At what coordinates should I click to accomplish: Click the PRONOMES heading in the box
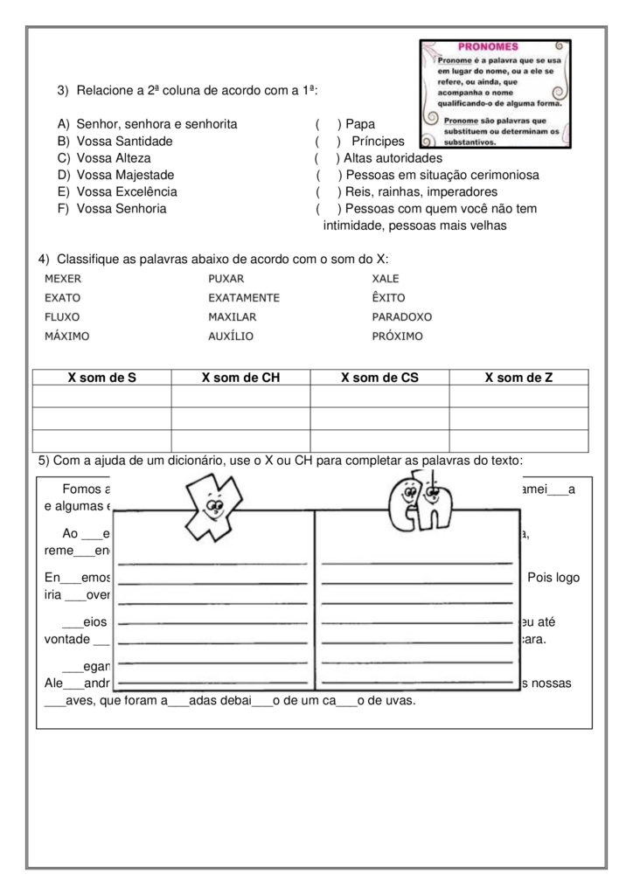coord(488,46)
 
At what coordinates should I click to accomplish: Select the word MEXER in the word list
coord(62,278)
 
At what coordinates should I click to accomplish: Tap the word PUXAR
coord(226,278)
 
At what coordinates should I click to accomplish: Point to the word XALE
coord(386,278)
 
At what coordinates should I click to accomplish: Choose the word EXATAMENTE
coord(244,297)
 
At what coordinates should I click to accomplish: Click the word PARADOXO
coord(402,316)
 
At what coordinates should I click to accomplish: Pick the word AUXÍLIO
coord(231,336)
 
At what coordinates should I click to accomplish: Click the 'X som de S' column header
coord(102,378)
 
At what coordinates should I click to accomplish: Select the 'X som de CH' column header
coord(240,378)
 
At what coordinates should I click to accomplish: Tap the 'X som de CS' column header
coord(379,378)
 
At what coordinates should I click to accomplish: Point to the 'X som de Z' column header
coord(518,378)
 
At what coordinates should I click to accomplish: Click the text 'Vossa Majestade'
coord(125,175)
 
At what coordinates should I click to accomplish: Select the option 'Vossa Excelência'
coord(127,191)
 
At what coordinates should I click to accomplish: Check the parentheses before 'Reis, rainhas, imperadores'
coord(328,191)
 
